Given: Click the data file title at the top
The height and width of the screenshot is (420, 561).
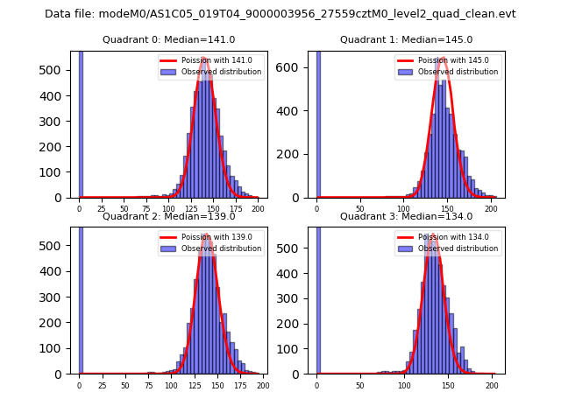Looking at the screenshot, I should tap(280, 14).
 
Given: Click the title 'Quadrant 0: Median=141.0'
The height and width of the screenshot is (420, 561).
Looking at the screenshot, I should tap(168, 39).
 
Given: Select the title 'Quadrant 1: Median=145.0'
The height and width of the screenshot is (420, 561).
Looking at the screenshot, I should tap(406, 39).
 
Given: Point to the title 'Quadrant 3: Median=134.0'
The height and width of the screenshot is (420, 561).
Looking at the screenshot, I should tap(406, 216).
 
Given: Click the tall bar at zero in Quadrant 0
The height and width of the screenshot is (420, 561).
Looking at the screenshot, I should tap(81, 122).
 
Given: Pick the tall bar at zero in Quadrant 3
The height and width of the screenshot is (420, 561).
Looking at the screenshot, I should tap(318, 297).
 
